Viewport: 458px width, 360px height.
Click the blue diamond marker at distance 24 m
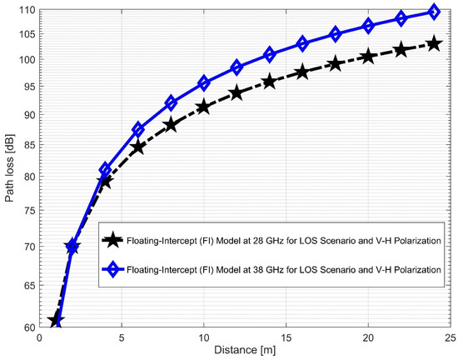[433, 12]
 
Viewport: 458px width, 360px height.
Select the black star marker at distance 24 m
[433, 43]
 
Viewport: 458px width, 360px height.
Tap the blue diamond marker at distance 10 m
[203, 83]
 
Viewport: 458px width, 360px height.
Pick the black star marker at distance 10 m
[203, 107]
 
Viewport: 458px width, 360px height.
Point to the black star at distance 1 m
[56, 321]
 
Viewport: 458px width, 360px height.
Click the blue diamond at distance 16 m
[302, 43]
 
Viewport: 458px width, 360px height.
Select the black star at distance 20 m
[367, 57]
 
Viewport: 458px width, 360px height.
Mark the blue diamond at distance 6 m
[138, 130]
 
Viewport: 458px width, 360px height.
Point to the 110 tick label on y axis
[27, 9]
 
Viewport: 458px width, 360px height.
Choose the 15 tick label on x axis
[286, 339]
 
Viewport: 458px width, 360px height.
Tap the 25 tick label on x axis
[450, 339]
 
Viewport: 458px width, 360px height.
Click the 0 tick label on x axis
[40, 339]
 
